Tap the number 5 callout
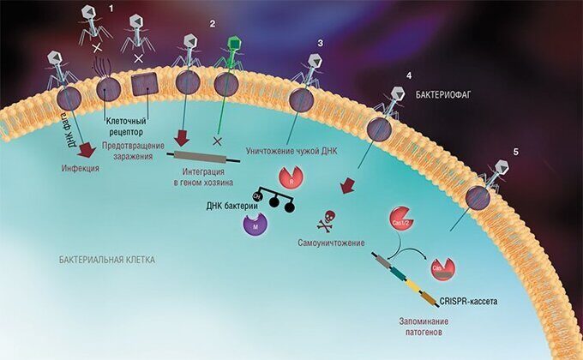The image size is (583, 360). [x=515, y=151]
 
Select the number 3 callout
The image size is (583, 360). [x=320, y=42]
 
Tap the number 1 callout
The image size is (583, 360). [x=110, y=8]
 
